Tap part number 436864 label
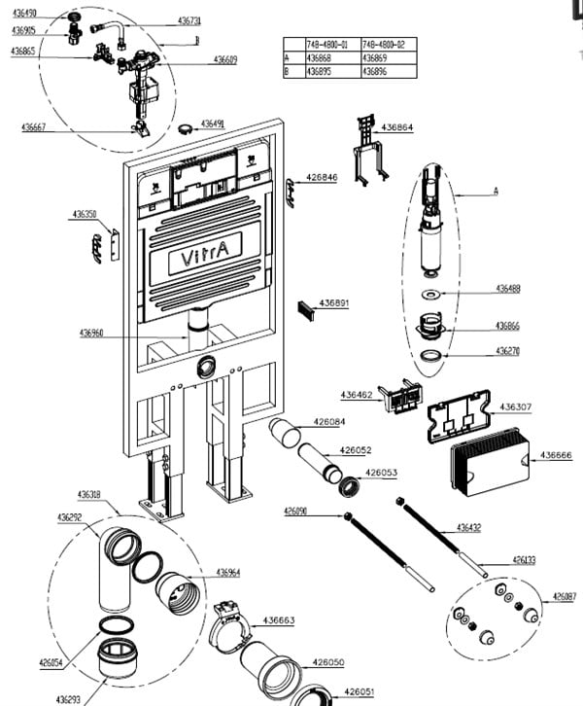pos(397,127)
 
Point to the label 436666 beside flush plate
pos(556,454)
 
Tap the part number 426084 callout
pos(328,422)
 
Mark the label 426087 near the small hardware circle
pos(565,596)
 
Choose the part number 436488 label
pos(508,288)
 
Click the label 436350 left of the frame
pos(85,214)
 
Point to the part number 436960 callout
pos(92,334)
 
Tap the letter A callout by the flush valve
pos(496,192)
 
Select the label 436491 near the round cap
pos(213,124)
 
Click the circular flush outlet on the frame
pos(205,368)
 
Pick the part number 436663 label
pos(278,619)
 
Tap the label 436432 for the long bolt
pos(469,527)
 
